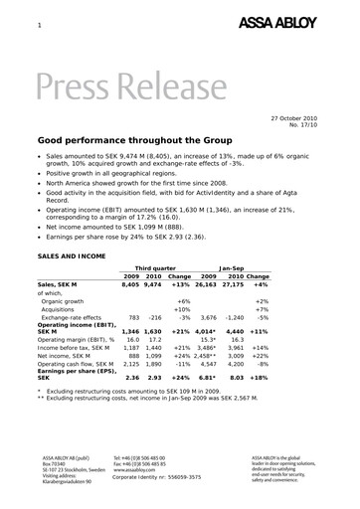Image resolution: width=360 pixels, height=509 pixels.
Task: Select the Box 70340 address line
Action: point(52,463)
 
